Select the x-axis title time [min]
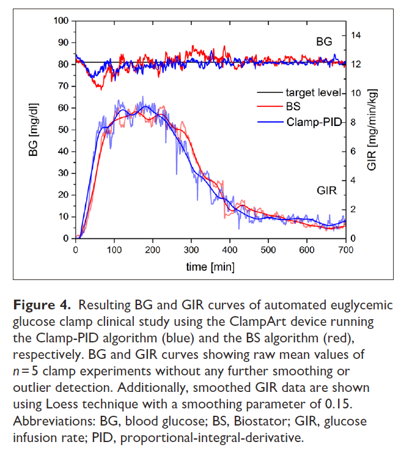[x=211, y=267]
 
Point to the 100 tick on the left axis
[x=61, y=21]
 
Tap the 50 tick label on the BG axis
[x=63, y=130]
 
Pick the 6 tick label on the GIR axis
[x=353, y=151]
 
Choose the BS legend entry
[x=293, y=107]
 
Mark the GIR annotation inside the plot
[x=326, y=190]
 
